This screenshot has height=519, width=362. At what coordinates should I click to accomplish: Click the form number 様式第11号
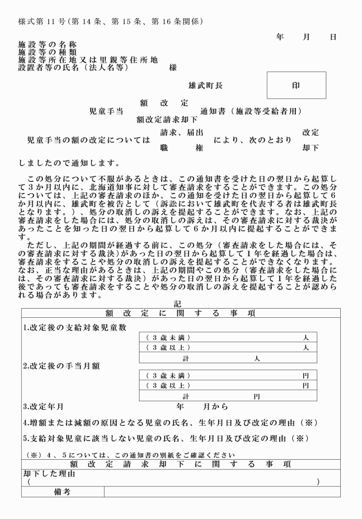pos(43,22)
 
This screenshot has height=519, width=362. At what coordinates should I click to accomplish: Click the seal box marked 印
pos(296,85)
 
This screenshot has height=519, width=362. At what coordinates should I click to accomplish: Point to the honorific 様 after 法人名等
pos(172,67)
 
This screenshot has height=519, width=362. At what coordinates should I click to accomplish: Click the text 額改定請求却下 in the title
pos(167,120)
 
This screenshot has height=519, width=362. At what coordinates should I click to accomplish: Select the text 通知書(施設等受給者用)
pos(251,112)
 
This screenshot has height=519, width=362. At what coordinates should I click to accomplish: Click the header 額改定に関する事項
pos(180,313)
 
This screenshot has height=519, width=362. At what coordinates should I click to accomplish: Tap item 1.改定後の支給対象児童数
pos(75,328)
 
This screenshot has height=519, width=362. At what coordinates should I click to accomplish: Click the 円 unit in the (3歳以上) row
pos(306,385)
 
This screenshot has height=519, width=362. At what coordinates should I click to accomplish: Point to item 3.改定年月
pos(44,406)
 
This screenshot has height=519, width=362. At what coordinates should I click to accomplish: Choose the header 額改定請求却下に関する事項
pos(180,464)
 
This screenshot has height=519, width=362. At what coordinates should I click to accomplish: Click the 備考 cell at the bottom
pos(62,492)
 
